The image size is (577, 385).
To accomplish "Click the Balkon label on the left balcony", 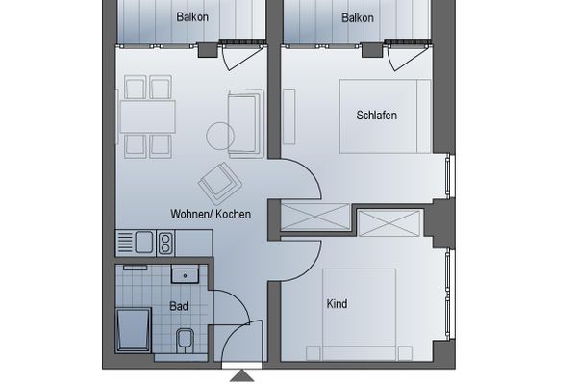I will pyautogui.click(x=193, y=17).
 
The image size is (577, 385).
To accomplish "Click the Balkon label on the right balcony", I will pyautogui.click(x=358, y=17).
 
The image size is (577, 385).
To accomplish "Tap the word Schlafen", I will pyautogui.click(x=376, y=115).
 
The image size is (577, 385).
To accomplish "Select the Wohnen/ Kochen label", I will pyautogui.click(x=211, y=214).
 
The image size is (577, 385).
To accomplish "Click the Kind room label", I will pyautogui.click(x=337, y=304).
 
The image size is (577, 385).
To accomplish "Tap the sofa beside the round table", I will pyautogui.click(x=245, y=121).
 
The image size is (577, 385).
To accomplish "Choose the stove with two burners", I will pyautogui.click(x=164, y=242).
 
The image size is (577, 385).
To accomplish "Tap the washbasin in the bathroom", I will pyautogui.click(x=185, y=276).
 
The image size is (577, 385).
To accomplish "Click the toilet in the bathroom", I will pyautogui.click(x=185, y=339).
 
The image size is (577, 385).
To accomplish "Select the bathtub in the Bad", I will pyautogui.click(x=133, y=330).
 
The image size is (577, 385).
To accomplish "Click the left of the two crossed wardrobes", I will pyautogui.click(x=314, y=216).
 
